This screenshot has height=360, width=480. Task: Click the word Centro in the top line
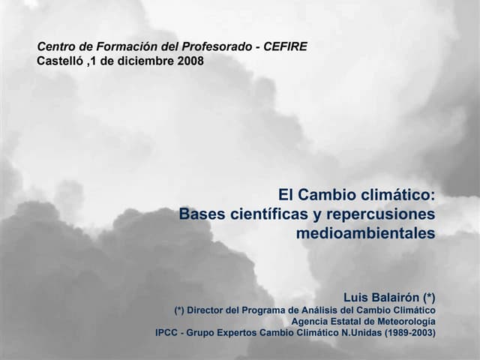pos(58,46)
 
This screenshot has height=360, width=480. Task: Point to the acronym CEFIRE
pos(285,46)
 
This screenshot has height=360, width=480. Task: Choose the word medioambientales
pos(365,233)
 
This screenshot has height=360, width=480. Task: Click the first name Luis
pos(358,295)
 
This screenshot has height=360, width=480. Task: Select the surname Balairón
pos(397,295)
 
